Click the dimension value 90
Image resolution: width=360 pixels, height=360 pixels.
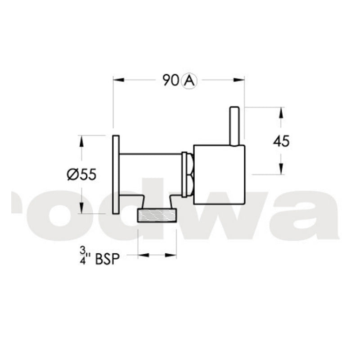point(171,81)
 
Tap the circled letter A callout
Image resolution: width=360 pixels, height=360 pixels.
point(189,81)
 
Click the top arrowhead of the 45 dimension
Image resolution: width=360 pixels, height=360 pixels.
point(281,112)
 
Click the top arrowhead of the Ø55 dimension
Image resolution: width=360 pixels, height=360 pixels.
point(81,140)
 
